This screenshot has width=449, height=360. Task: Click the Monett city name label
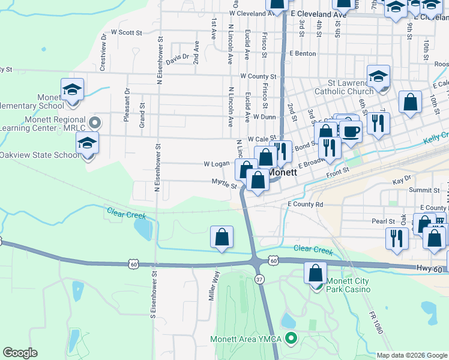tap(283, 172)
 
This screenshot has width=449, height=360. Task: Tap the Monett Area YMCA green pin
tap(292, 339)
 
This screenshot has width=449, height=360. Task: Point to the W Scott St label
tap(126, 32)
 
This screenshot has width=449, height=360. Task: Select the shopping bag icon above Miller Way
tap(221, 237)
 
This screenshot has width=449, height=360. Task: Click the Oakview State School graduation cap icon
tap(87, 143)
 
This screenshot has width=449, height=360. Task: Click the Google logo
tap(20, 353)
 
